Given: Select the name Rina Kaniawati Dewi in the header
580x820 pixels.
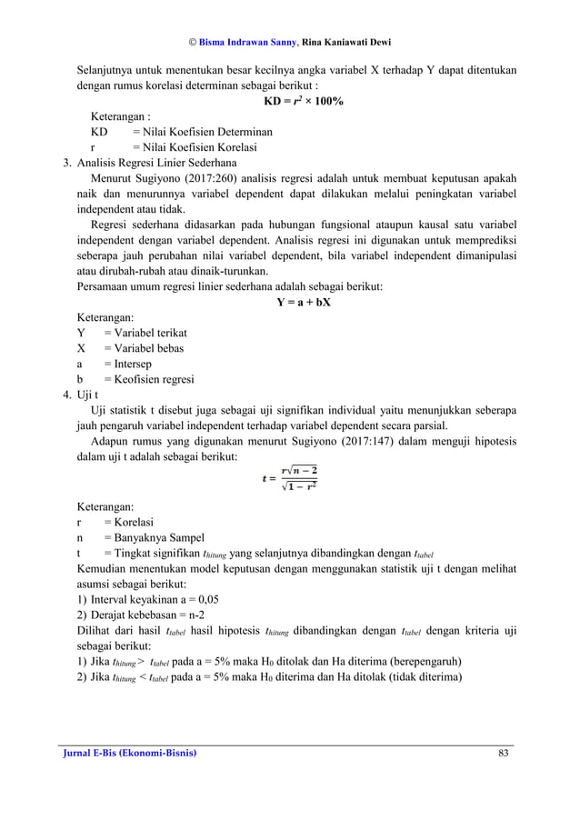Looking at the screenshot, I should point(353,43).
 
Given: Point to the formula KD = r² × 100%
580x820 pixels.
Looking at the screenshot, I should point(303,101).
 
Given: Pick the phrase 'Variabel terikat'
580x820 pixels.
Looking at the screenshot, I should point(145,333).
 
